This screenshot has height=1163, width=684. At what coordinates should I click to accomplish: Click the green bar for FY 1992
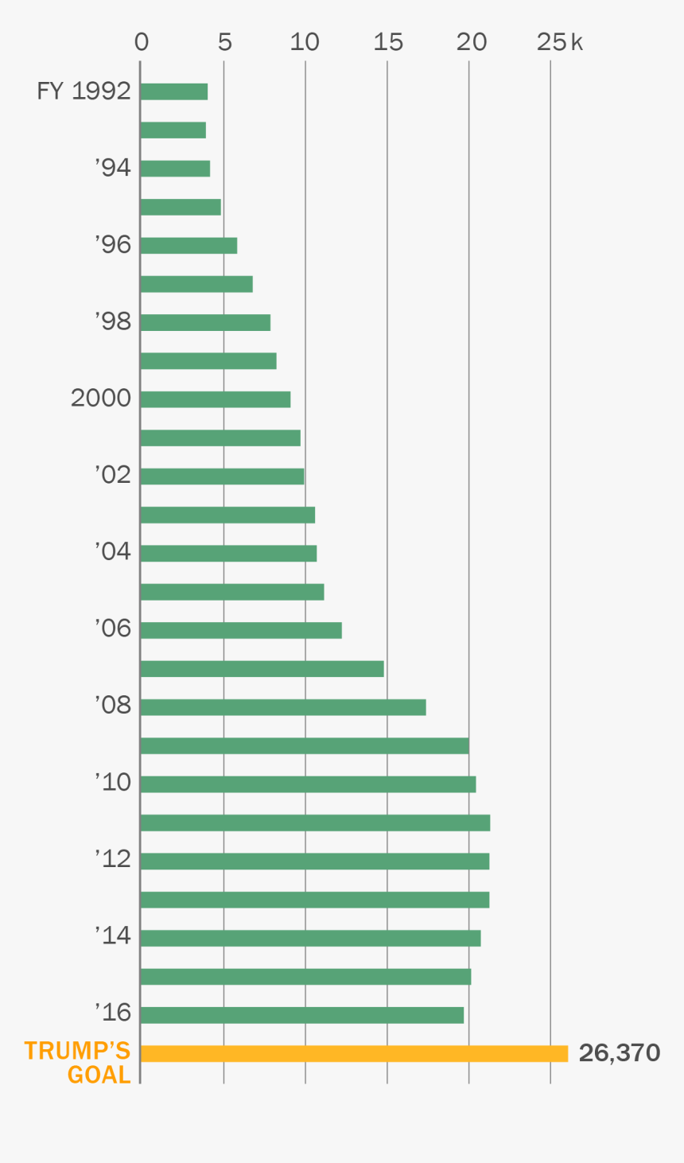[173, 91]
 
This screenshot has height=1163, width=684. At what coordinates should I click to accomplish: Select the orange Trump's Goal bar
[354, 1053]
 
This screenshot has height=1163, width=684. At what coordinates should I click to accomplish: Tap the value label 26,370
[619, 1053]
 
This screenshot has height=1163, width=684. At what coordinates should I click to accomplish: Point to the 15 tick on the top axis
[388, 42]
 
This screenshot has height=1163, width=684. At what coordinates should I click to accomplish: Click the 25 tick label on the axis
[551, 42]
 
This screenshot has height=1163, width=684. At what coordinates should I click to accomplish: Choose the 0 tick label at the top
[142, 42]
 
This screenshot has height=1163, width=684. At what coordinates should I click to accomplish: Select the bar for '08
[283, 707]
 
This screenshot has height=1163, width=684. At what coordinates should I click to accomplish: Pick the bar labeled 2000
[216, 399]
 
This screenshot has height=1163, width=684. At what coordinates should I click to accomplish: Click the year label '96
[113, 245]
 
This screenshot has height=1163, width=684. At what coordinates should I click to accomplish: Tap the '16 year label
[113, 1013]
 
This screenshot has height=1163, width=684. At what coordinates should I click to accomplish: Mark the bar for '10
[308, 784]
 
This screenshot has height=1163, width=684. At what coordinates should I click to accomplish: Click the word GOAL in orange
[99, 1075]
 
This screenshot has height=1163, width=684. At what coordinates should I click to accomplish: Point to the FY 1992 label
[84, 91]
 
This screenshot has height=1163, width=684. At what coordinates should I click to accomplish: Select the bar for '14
[310, 938]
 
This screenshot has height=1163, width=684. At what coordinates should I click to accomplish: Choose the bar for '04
[228, 553]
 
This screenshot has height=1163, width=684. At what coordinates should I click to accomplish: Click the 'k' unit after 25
[577, 42]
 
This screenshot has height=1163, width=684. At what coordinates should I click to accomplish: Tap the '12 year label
[113, 859]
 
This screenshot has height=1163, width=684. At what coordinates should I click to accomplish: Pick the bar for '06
[241, 630]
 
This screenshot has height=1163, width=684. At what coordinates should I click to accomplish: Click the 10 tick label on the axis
[305, 42]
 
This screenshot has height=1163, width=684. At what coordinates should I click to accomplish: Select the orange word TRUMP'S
[77, 1051]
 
